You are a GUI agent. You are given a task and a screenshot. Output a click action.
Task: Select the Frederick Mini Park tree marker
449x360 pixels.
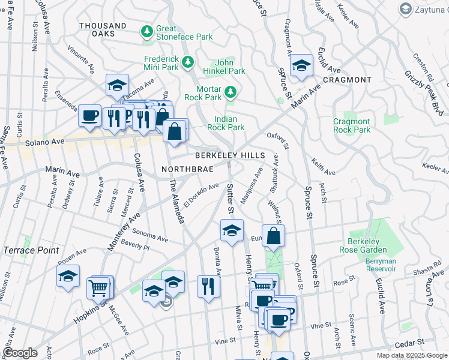(188, 61)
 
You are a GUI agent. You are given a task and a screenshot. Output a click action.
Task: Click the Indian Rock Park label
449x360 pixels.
(226, 123)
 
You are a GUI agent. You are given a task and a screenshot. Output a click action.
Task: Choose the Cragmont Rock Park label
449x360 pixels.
(352, 126)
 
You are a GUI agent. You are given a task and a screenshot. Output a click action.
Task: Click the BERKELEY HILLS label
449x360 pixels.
(229, 155)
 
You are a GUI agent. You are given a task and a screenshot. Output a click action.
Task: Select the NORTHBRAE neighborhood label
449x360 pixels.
(187, 169)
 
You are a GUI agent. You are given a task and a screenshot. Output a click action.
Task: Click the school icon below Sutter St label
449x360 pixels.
(231, 230)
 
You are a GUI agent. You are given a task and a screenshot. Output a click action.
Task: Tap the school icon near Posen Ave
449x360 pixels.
(68, 277)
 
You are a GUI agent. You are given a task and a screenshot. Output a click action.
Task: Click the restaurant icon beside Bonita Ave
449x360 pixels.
(208, 286)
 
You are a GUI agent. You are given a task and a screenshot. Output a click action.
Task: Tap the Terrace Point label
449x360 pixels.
(31, 250)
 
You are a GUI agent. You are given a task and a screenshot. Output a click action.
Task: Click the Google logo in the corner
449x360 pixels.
(20, 353)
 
